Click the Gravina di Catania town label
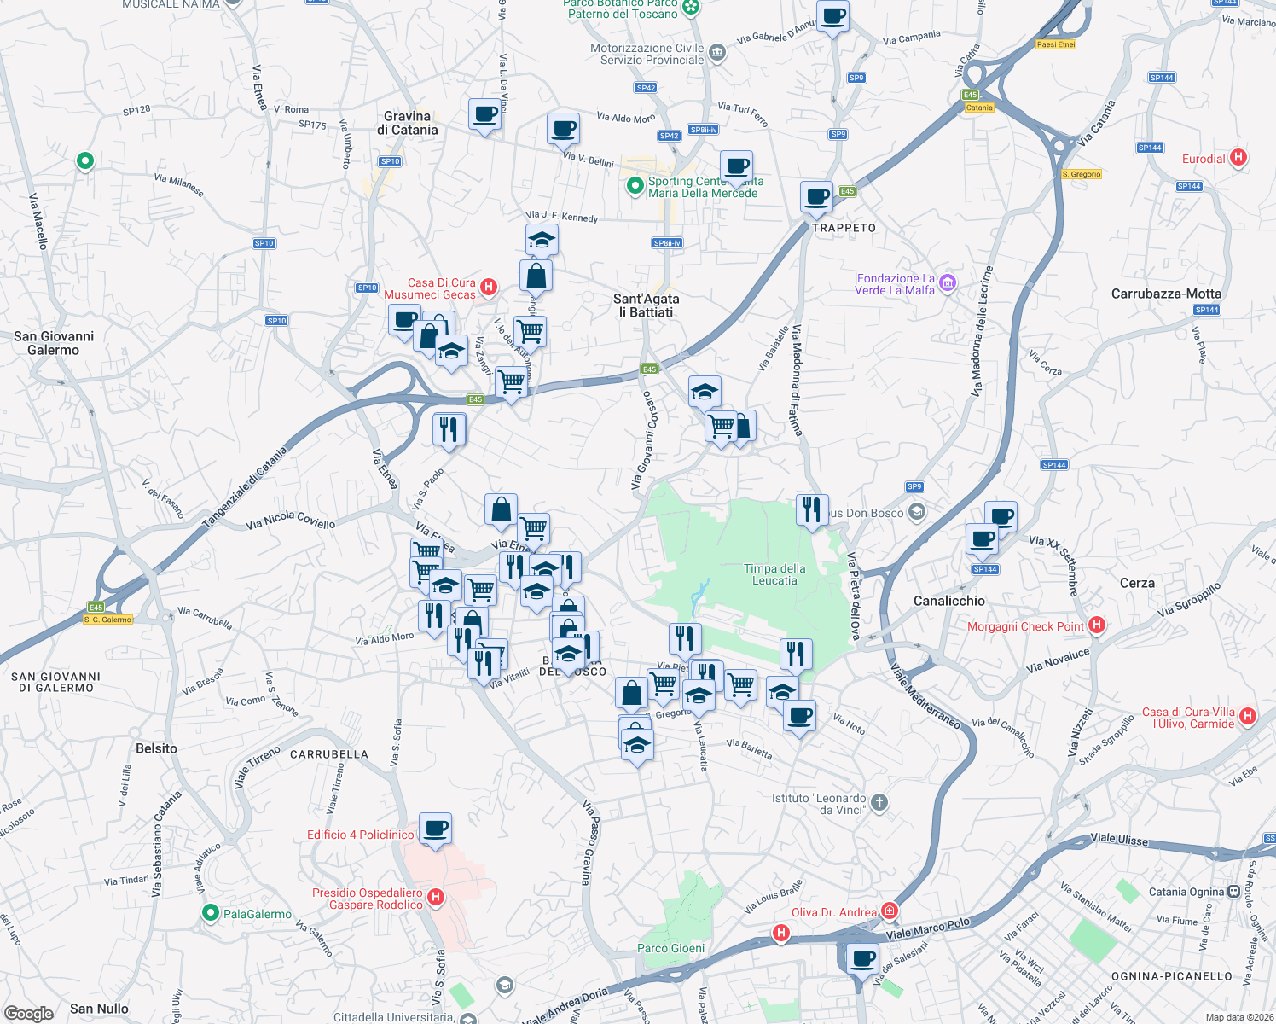[407, 123]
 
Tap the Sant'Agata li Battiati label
[647, 305]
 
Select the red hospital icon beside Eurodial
[1239, 158]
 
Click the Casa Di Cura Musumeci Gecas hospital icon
[489, 287]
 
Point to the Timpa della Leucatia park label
[774, 574]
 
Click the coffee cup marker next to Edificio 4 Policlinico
[435, 829]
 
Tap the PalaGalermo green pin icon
[210, 913]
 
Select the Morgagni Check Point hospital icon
[1097, 625]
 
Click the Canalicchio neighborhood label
[948, 601]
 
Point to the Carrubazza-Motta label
[1166, 294]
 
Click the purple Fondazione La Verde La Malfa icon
[947, 283]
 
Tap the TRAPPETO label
[844, 228]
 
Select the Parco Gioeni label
[671, 948]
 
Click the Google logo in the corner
[29, 1013]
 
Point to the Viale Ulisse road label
[1119, 840]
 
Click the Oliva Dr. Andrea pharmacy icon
[890, 911]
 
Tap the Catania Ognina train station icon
[1233, 892]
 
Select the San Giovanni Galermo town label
[54, 343]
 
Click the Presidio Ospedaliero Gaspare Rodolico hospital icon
[436, 897]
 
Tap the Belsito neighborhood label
[157, 748]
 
